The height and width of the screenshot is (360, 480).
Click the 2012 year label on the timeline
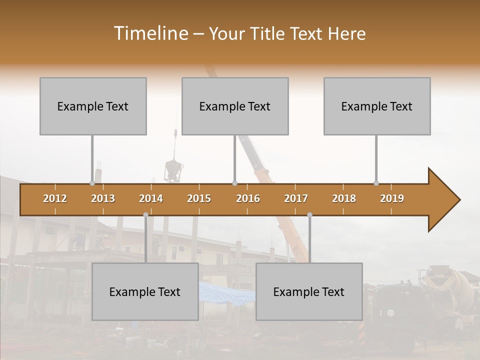(55, 198)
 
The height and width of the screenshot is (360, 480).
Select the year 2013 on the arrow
(103, 198)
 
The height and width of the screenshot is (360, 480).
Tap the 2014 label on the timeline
(151, 198)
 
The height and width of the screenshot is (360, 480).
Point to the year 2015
(199, 198)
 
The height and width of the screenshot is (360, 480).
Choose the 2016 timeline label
(248, 198)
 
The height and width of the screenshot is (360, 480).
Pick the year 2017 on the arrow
(296, 198)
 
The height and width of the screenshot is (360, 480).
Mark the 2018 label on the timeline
(344, 198)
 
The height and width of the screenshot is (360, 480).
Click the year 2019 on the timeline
(392, 198)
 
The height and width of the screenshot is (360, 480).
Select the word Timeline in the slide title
(150, 33)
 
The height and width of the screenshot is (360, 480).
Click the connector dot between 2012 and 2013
(92, 183)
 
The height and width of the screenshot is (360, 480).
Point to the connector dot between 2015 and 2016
(235, 183)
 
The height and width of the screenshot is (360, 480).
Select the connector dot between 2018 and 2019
(376, 183)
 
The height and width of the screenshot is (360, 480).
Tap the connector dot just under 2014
(145, 214)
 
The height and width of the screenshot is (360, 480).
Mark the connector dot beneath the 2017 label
(309, 214)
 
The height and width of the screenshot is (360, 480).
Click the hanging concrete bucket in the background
(172, 171)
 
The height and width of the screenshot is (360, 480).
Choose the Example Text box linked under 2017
(309, 291)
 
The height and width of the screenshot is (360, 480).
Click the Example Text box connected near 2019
(377, 106)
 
